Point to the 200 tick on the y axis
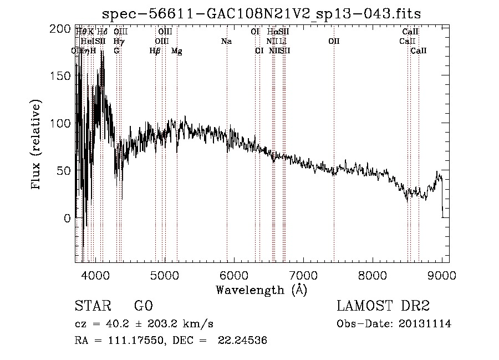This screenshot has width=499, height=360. [64, 29]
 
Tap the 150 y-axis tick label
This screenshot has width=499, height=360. [64, 76]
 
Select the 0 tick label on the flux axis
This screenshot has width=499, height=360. [68, 219]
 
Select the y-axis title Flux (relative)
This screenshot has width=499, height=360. [37, 145]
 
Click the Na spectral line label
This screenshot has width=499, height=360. [226, 42]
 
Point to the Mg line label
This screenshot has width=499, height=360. [176, 51]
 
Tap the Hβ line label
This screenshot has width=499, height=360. [155, 51]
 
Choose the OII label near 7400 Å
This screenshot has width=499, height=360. [333, 42]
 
